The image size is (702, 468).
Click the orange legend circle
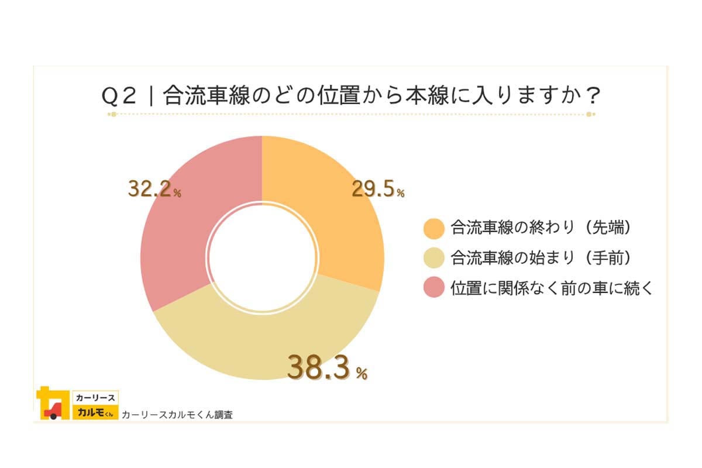433,229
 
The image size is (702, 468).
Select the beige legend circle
433,258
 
